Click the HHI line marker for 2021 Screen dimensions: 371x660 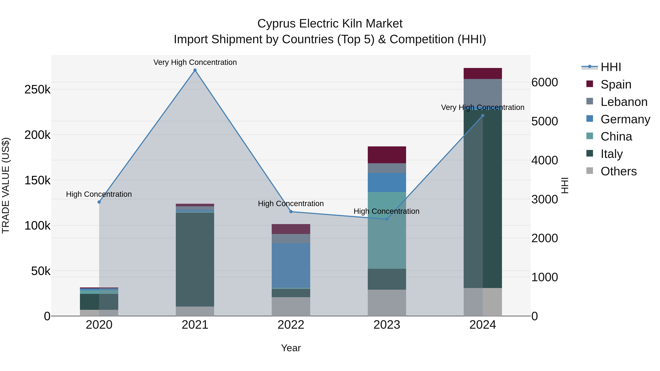195,70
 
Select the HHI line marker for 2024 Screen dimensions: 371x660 483,115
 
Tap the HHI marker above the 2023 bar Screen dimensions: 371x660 387,219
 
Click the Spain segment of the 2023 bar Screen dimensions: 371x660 387,155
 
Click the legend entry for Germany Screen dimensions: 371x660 625,119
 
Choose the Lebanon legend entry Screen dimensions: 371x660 624,102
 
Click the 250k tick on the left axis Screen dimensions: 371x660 37,89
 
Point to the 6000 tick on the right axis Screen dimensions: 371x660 544,82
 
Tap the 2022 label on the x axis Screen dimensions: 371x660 291,325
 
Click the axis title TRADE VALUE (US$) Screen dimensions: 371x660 6,185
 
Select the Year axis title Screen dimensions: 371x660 291,348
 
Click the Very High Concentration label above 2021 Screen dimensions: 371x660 195,62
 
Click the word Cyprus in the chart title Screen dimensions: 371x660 276,24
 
